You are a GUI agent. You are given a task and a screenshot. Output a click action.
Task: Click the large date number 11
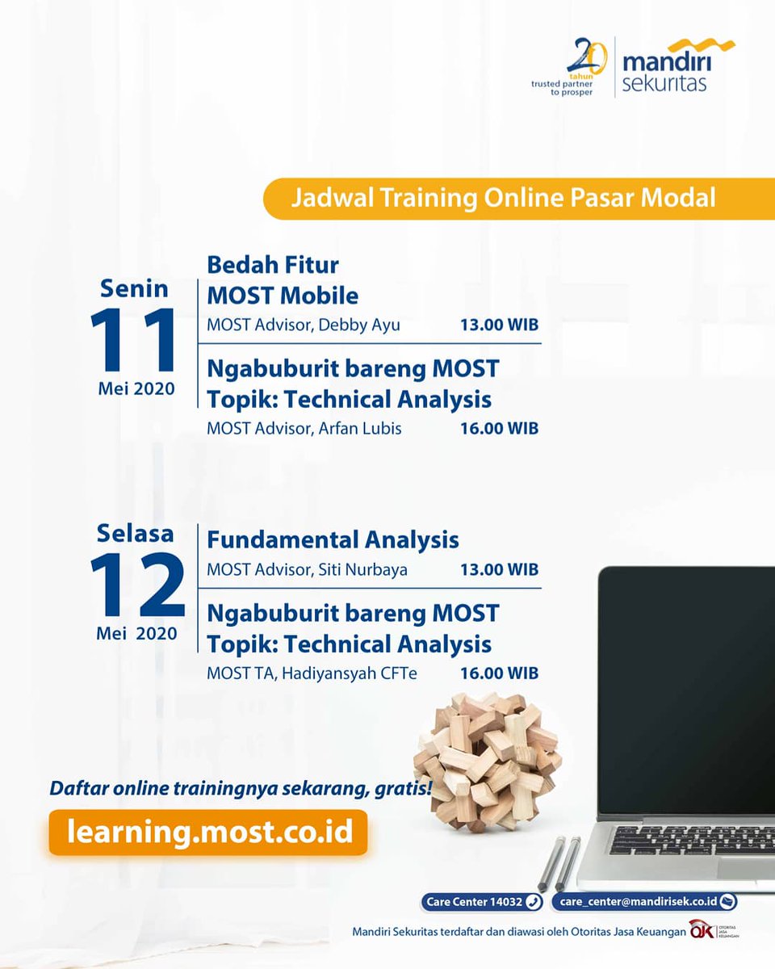point(134,340)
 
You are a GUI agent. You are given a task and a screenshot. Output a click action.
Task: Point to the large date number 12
point(136,586)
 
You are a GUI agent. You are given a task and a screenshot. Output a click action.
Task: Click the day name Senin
point(134,288)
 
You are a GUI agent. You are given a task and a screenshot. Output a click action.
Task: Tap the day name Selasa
point(135,534)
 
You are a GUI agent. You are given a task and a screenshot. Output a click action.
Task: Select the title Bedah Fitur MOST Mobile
point(283,279)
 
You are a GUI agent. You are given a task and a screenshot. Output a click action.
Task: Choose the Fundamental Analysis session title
point(333,539)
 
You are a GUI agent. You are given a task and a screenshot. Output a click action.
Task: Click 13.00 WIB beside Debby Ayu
point(499,325)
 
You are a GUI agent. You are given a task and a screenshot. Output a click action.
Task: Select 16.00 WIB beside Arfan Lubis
point(499,428)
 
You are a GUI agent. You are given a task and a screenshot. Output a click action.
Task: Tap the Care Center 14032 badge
point(481,902)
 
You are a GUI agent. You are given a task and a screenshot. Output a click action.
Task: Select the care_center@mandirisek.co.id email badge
point(644,902)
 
